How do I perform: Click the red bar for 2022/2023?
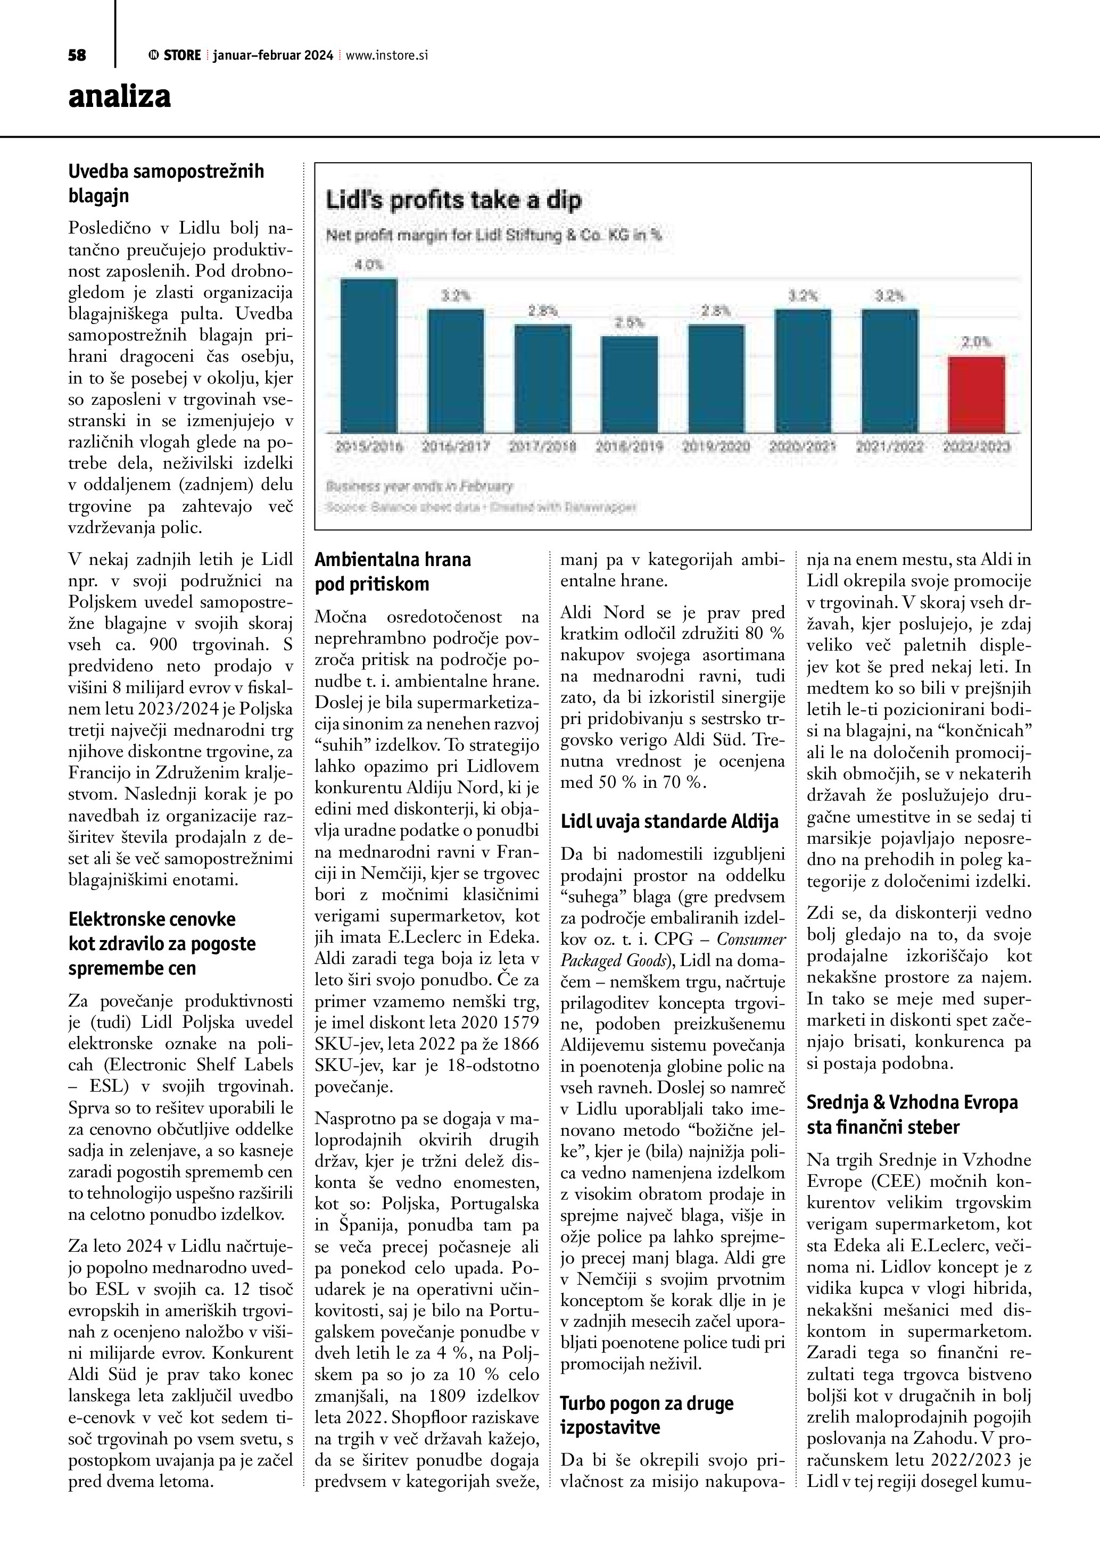[x=976, y=394]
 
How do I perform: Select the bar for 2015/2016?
[x=368, y=355]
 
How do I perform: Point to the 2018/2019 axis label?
[x=629, y=447]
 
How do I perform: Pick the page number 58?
[x=77, y=55]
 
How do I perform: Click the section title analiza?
[x=119, y=97]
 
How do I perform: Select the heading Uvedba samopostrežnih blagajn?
[x=166, y=184]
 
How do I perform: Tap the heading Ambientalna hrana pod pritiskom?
[x=393, y=571]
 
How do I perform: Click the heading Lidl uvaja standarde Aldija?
[x=670, y=821]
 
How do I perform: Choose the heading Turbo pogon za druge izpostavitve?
[x=646, y=1348]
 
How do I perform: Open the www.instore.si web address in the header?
[x=387, y=55]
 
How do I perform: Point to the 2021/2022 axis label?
[x=889, y=447]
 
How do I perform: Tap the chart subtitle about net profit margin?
[x=494, y=236]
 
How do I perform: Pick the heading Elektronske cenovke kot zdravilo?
[x=162, y=943]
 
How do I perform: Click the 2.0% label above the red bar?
[x=976, y=343]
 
